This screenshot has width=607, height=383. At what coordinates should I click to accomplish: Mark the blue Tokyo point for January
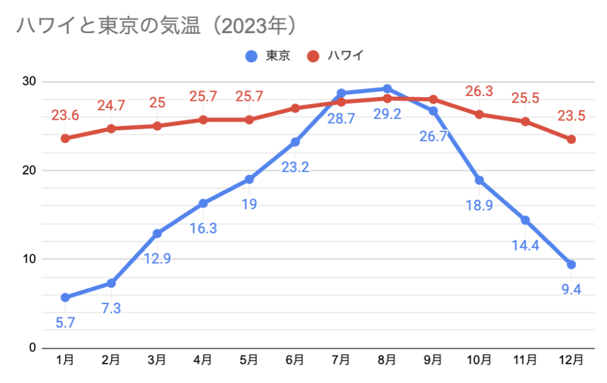65,297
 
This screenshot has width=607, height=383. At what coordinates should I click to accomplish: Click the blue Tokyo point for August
387,89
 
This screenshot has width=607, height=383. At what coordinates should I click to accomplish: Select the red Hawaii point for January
65,138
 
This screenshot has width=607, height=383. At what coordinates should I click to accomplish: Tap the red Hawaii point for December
571,139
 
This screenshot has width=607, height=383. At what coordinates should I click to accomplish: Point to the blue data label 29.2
387,113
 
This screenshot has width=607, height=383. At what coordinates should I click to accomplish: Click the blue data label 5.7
65,323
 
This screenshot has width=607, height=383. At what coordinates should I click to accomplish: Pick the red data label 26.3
479,91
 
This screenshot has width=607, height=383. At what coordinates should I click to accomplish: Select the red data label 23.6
65,115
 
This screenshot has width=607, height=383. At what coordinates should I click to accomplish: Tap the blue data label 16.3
203,228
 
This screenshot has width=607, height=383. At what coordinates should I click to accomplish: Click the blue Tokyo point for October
479,180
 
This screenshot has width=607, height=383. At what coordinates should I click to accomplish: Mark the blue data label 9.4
571,290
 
